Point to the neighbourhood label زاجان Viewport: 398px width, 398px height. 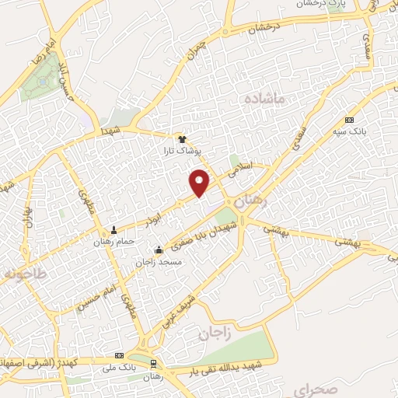point(215,334)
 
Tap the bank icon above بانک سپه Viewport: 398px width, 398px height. point(349,120)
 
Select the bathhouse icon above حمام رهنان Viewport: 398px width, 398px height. point(115,230)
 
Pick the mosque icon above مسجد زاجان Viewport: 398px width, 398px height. point(159,250)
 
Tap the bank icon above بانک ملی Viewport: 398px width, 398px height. point(118,354)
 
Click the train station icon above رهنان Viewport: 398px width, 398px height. point(154,364)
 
